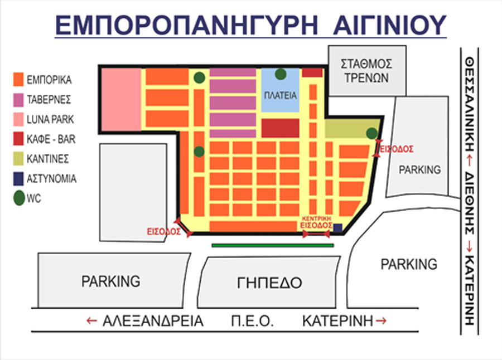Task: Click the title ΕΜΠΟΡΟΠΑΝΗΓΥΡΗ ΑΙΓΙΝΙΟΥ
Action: coord(250,25)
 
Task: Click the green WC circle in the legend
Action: coord(19,198)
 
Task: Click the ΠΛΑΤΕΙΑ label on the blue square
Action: coord(280,95)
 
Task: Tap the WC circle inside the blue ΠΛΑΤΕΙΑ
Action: coord(281,74)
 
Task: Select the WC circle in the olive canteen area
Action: coord(371,133)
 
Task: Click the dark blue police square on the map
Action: coord(337,227)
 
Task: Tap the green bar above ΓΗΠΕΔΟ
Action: coord(272,244)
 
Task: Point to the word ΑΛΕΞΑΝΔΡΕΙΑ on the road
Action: coord(153,321)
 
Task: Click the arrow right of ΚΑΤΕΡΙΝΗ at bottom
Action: coord(382,321)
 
